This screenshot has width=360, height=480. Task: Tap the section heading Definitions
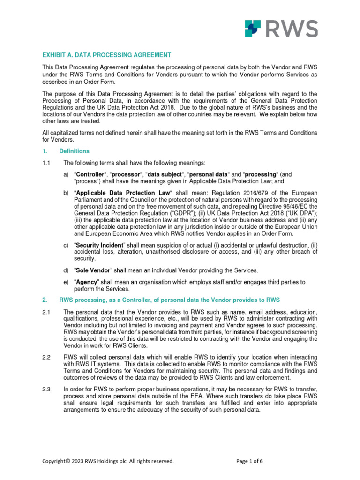click(74, 151)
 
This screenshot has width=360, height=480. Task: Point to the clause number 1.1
click(46, 163)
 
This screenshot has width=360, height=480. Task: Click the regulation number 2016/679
click(252, 193)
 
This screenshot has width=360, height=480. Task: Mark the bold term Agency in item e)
click(87, 282)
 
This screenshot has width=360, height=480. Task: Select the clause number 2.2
click(46, 357)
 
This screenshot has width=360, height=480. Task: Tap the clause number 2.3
click(46, 388)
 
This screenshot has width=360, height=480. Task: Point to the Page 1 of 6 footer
click(249, 461)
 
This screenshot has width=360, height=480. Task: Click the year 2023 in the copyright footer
click(78, 461)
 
